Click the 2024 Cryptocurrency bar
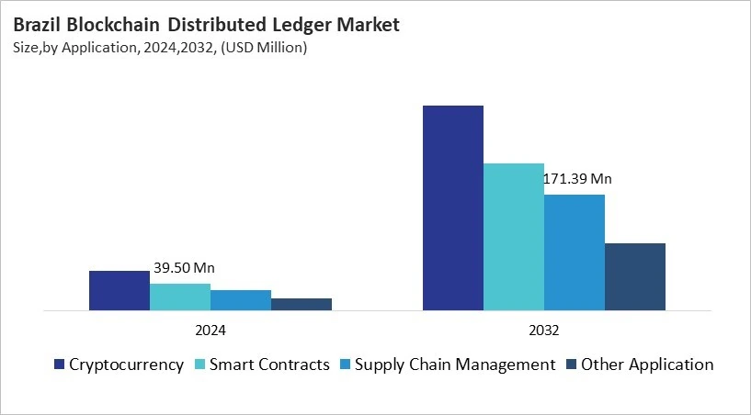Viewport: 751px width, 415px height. click(x=119, y=290)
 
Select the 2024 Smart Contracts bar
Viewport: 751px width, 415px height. click(x=179, y=297)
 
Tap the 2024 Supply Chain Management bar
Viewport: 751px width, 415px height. click(x=240, y=300)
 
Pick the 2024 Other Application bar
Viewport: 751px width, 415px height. click(x=301, y=304)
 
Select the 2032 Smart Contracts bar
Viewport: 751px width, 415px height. click(x=513, y=237)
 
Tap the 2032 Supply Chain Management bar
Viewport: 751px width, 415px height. click(x=574, y=252)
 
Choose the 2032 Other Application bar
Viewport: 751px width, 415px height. click(x=634, y=276)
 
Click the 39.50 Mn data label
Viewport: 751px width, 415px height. click(x=184, y=268)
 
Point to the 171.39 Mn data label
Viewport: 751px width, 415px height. click(x=577, y=178)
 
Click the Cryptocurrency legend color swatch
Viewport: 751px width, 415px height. click(x=60, y=365)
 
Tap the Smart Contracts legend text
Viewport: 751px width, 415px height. click(x=269, y=365)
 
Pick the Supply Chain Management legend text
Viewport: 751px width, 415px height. click(x=456, y=365)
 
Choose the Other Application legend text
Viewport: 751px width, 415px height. click(x=649, y=365)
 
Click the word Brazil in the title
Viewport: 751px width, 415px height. click(x=38, y=26)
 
